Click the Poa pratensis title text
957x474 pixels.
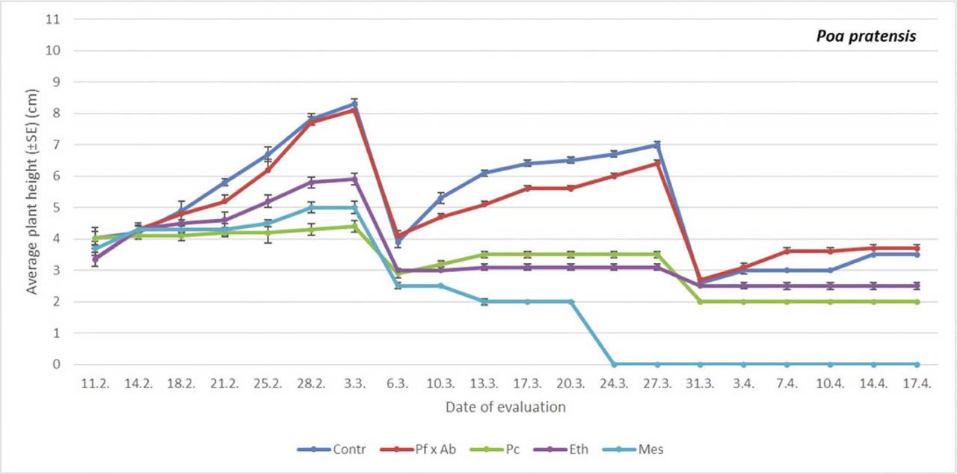pyautogui.click(x=866, y=36)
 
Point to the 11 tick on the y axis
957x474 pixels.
pyautogui.click(x=52, y=19)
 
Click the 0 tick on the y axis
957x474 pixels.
pyautogui.click(x=55, y=365)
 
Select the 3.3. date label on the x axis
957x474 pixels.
pyautogui.click(x=354, y=383)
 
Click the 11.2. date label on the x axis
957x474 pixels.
pyautogui.click(x=95, y=383)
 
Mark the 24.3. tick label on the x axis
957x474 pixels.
pyautogui.click(x=614, y=383)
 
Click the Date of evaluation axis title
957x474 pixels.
pyautogui.click(x=505, y=407)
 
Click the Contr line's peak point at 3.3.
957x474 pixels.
pyautogui.click(x=354, y=104)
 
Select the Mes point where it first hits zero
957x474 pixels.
pyautogui.click(x=614, y=364)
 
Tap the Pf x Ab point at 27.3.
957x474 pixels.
pyautogui.click(x=657, y=163)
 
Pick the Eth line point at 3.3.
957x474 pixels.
pyautogui.click(x=354, y=179)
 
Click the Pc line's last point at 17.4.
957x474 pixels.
pyautogui.click(x=917, y=301)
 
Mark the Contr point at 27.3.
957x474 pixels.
pyautogui.click(x=657, y=144)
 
